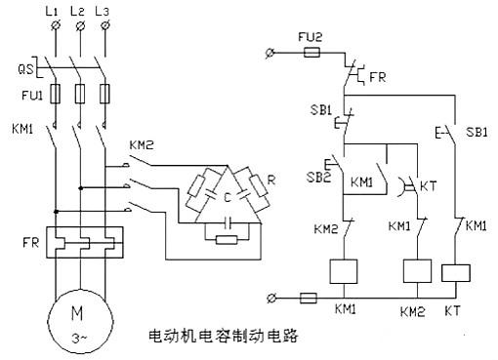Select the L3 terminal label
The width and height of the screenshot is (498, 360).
point(104,11)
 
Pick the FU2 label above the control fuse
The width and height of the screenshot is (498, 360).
point(309,36)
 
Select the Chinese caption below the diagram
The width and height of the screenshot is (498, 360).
point(222,335)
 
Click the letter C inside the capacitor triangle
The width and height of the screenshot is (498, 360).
point(227,197)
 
